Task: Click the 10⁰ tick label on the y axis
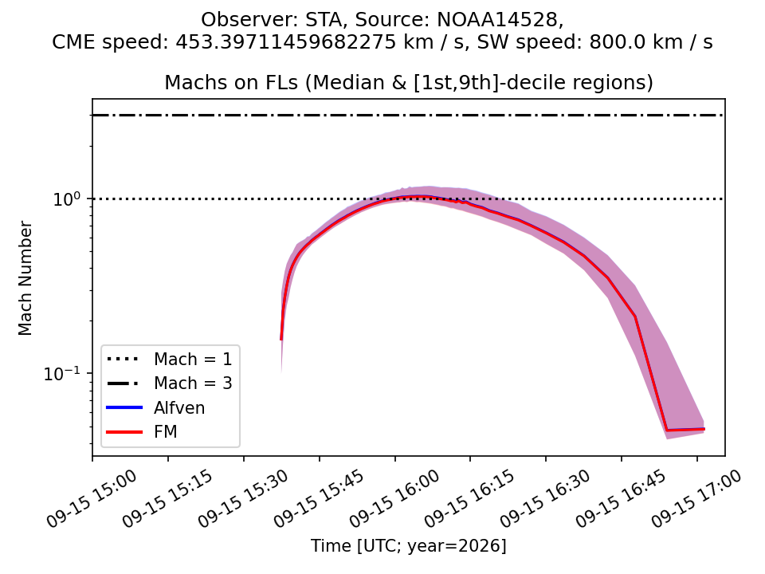click(x=69, y=199)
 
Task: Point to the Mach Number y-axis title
click(x=25, y=278)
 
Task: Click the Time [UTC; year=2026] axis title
click(x=409, y=545)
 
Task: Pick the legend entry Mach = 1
click(x=193, y=360)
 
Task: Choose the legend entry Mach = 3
click(x=193, y=383)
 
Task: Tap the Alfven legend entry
click(x=179, y=407)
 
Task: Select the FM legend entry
click(x=166, y=431)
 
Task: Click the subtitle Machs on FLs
click(x=231, y=82)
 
